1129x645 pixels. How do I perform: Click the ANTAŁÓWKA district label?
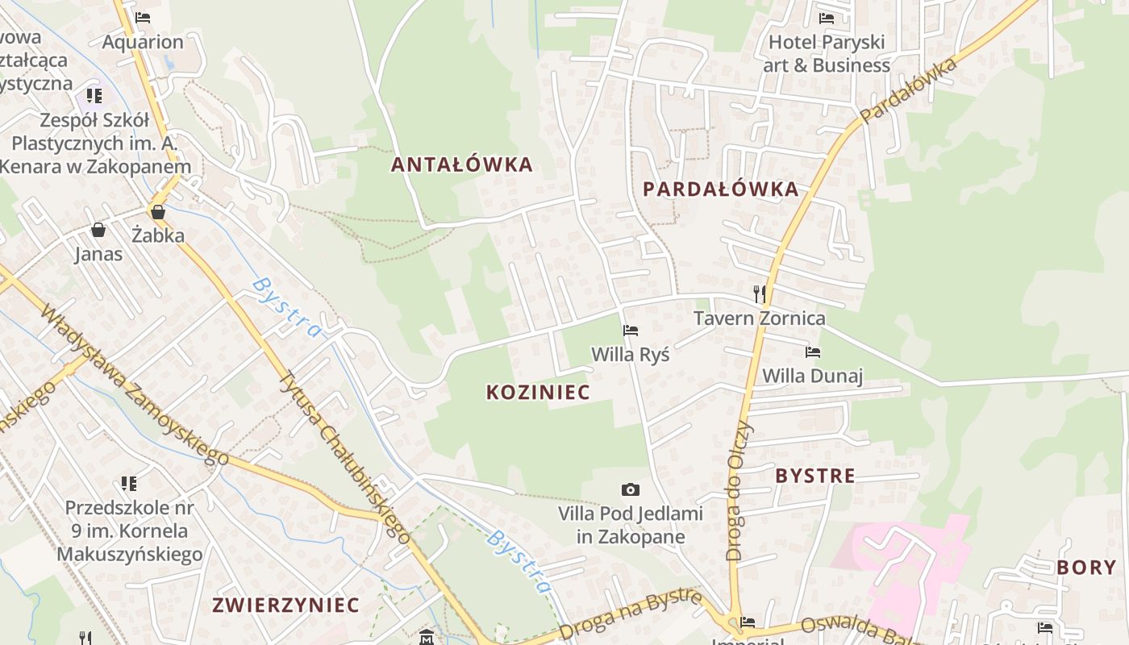[x=462, y=164]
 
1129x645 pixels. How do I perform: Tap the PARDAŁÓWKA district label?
[x=721, y=189]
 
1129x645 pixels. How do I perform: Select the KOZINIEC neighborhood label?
[x=538, y=392]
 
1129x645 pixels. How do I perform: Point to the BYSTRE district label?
[x=815, y=476]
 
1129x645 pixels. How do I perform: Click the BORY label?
[x=1086, y=567]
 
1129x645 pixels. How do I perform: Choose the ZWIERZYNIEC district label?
[x=285, y=605]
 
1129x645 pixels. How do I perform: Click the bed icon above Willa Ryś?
[x=631, y=331]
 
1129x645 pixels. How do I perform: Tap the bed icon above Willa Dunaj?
[x=813, y=352]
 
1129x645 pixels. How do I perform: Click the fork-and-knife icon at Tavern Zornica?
[x=759, y=293]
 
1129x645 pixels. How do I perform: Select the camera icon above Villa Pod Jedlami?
[x=631, y=489]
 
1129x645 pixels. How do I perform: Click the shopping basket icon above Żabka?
[x=158, y=212]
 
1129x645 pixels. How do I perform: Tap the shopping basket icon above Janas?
[x=98, y=231]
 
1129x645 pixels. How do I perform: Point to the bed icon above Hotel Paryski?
[x=827, y=18]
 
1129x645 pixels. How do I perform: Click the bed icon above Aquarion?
[x=143, y=17]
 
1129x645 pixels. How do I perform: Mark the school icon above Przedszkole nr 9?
[x=129, y=483]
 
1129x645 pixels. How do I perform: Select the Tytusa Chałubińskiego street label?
[x=345, y=456]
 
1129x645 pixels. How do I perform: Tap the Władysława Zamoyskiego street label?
[x=134, y=385]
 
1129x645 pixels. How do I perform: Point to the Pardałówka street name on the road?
[x=908, y=89]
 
